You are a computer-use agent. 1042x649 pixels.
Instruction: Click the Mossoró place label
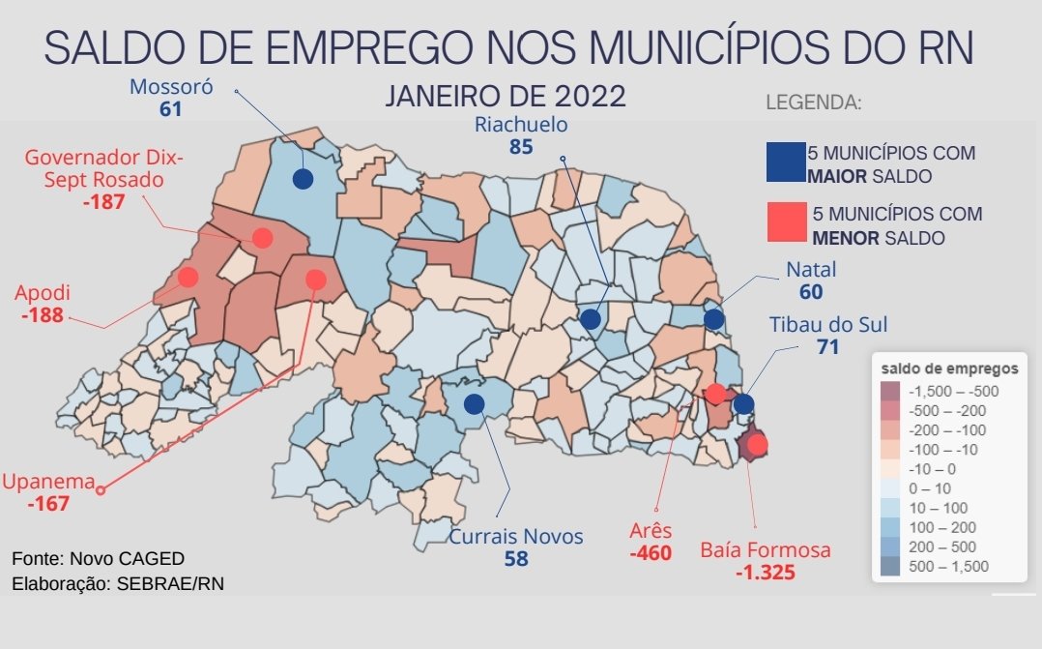[171, 86]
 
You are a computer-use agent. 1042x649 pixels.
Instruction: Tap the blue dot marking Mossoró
[303, 179]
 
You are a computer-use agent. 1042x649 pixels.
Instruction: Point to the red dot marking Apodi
[188, 278]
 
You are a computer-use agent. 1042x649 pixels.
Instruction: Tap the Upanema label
[47, 482]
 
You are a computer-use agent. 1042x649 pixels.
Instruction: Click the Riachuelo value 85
[521, 148]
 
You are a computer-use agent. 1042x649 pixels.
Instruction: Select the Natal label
[811, 270]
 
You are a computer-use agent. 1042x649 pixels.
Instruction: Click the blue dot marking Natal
[713, 319]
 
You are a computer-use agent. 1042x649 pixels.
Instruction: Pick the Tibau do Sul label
[827, 324]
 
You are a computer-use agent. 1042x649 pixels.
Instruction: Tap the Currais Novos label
[516, 536]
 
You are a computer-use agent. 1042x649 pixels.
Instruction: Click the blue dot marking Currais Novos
[474, 404]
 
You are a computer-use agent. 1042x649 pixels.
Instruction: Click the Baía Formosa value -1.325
[765, 573]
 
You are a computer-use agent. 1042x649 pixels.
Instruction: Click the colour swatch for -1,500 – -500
[889, 392]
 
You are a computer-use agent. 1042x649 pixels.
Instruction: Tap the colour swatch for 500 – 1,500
[889, 566]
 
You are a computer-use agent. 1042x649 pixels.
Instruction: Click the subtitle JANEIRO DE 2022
[506, 97]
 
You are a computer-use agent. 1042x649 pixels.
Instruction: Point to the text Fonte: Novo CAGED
[98, 559]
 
